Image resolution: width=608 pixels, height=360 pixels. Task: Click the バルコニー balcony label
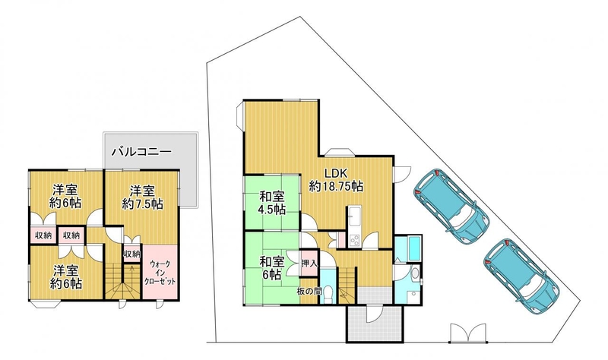pos(141,151)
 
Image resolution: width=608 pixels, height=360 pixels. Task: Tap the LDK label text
pos(336,173)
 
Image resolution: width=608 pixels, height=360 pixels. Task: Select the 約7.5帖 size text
pos(142,204)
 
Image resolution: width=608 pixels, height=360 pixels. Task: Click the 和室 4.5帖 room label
pos(272,203)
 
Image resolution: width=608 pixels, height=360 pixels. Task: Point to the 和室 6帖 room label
pos(272,268)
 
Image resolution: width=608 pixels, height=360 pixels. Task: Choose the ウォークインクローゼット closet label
pos(160,273)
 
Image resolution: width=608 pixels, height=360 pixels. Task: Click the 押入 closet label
pos(309,264)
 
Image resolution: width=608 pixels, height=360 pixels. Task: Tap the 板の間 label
pos(309,291)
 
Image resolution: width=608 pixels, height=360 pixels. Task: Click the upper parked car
pos(451,206)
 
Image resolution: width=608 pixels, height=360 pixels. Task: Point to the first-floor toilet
pos(329,292)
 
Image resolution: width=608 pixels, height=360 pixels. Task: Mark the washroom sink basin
pos(415,274)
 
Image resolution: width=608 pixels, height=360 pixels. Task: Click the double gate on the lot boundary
pos(467,333)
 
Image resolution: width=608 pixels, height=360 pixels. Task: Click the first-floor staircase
pos(347,285)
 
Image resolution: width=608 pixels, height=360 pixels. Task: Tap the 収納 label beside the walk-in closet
pos(131,254)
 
